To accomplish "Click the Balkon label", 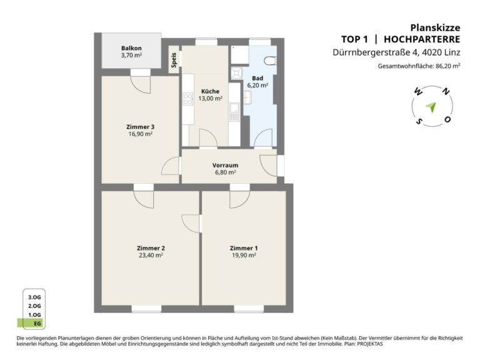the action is point(131,48).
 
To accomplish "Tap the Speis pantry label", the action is point(174,60).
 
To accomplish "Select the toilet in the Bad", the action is point(271,61).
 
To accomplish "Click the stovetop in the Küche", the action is point(187,99).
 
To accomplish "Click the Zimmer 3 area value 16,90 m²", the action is point(141,134).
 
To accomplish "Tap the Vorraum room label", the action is point(225,165).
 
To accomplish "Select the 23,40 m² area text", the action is point(151,255).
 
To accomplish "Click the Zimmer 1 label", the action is point(244,248).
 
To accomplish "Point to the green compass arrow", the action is point(431,107).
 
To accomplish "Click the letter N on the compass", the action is point(446,91).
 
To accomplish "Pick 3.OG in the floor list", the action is point(34,297).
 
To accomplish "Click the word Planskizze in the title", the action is point(435,27).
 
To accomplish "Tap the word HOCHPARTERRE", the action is point(422,39).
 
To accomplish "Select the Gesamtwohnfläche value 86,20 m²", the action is point(448,66).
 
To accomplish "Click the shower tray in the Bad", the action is point(237,73).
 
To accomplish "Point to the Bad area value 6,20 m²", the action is point(257,85).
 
